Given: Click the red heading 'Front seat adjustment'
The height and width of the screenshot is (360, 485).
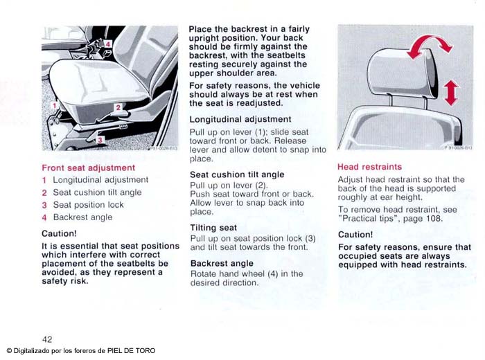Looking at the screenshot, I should coord(88,168).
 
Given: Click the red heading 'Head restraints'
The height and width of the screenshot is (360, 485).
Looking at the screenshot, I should coord(369,167).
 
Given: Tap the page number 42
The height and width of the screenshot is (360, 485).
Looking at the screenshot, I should coord(47,339).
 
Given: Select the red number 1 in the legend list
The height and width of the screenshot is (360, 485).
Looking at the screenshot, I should coord(44,180).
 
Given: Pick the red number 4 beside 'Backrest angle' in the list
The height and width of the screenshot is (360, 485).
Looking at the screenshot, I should coord(44,217).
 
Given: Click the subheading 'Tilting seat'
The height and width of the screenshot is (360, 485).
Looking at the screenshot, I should coord(213,228).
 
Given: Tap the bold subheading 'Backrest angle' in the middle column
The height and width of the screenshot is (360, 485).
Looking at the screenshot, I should coord(222,263).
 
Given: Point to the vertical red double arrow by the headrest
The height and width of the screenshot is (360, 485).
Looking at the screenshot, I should coord(451,92).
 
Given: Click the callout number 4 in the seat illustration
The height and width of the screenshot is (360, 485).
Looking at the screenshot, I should coord(108,44).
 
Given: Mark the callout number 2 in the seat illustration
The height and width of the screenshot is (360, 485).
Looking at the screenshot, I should coord(118,107).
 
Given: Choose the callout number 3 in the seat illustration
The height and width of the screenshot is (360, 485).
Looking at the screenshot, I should coord(99,140).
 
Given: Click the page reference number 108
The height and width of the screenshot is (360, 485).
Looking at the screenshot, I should coord(433,219).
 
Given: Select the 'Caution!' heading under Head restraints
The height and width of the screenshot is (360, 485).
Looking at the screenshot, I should coord(355,235).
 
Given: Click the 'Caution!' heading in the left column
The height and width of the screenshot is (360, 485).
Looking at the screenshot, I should coord(59,233).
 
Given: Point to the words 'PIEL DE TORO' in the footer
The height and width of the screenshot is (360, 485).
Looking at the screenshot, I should coord(131,350).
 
